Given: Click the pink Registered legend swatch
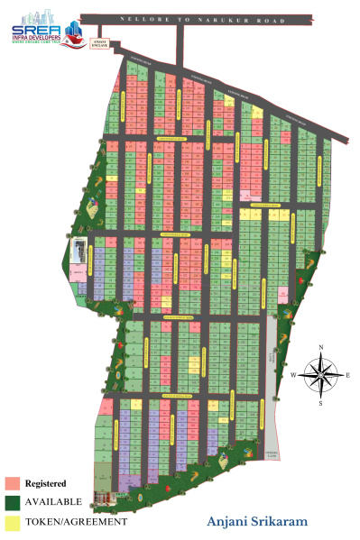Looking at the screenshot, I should [x=13, y=482].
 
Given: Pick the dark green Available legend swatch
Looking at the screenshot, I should [x=13, y=501].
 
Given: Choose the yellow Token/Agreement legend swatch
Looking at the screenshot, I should [x=13, y=521].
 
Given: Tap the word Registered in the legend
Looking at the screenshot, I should [x=46, y=483].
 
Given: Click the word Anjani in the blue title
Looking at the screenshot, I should [x=227, y=521].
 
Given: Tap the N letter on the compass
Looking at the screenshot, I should [x=320, y=347].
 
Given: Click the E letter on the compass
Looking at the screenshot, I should [x=347, y=374].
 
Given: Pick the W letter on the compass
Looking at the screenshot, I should [x=292, y=374].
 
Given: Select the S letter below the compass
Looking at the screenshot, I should [x=320, y=403].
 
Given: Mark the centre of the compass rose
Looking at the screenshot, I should [x=320, y=374].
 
